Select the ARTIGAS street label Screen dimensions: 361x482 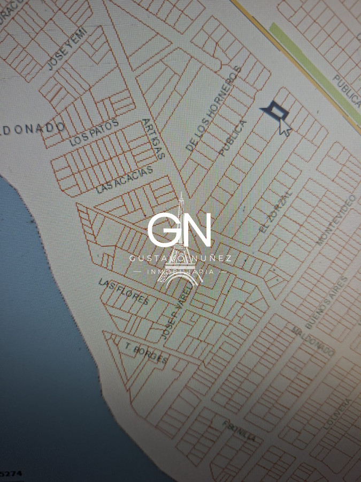[153, 139]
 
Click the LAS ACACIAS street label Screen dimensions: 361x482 [124, 179]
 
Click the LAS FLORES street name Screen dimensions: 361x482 [124, 291]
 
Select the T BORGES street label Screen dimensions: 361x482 [146, 352]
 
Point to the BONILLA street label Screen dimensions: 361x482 [239, 430]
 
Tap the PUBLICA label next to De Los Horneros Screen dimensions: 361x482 [233, 138]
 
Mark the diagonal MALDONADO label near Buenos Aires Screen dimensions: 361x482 [313, 340]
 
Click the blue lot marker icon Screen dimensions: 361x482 [275, 110]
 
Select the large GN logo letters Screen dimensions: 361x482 [180, 229]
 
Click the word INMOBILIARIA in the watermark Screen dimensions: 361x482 [180, 272]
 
